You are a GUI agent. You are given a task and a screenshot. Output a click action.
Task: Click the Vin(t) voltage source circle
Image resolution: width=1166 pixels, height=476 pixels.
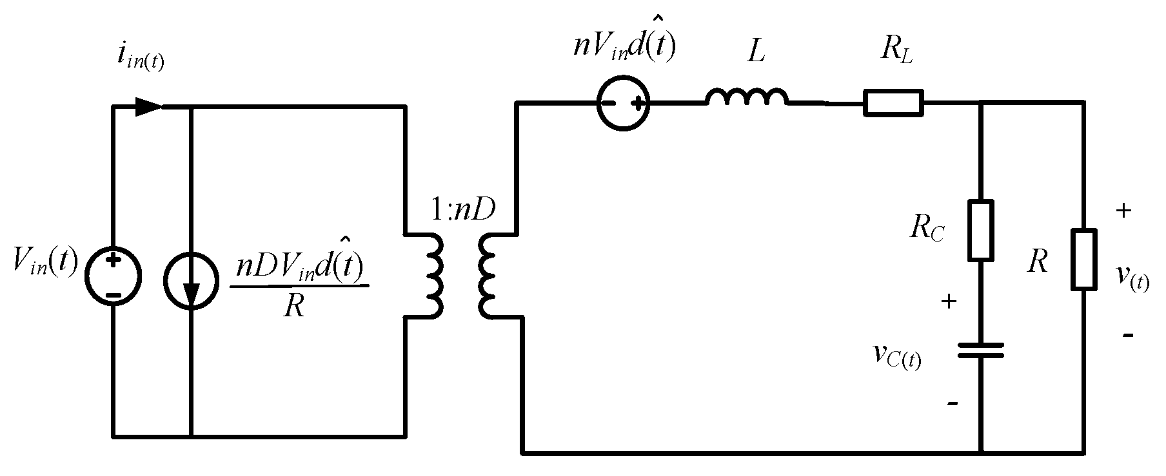(x=114, y=279)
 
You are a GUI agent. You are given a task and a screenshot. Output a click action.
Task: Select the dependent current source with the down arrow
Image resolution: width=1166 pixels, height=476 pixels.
(x=192, y=281)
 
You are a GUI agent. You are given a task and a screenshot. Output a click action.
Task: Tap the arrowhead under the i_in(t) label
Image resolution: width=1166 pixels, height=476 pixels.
(x=148, y=106)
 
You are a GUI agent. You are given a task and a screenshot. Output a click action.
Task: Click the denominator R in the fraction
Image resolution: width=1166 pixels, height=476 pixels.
(x=294, y=307)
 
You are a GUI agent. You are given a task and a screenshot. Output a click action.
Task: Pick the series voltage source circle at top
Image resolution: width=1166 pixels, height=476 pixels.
(x=623, y=102)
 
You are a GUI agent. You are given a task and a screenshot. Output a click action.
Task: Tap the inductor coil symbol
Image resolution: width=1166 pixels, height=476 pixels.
(x=747, y=97)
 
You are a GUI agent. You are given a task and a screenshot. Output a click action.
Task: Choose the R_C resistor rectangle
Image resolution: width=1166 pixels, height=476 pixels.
(x=980, y=230)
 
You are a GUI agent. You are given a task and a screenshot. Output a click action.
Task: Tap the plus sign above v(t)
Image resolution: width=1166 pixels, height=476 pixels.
(x=1123, y=211)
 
